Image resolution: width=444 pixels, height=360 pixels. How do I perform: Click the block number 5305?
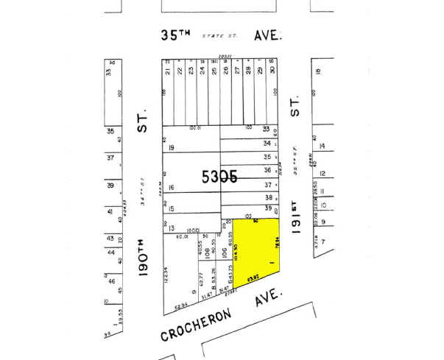coord(219,177)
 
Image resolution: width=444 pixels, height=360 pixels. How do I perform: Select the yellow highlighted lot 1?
coord(258,250)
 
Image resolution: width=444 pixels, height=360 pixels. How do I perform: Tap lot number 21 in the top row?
coord(168,71)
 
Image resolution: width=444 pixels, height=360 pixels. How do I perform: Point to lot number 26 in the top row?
coord(225,71)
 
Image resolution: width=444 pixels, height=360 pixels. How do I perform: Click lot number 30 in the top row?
coord(272,71)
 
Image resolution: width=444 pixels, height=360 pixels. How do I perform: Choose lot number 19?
coord(171,149)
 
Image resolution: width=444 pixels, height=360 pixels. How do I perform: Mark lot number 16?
coord(171,188)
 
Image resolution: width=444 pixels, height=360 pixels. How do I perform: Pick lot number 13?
coord(171,229)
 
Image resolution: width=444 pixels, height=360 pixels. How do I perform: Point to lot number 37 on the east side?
coord(267,185)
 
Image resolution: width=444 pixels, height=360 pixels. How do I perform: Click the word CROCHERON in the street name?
coord(194,325)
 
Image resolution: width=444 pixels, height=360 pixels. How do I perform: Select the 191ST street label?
coord(296,219)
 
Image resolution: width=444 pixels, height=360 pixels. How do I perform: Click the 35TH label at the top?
coord(175,35)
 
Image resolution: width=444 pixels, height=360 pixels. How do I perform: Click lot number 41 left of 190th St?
coord(110,212)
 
